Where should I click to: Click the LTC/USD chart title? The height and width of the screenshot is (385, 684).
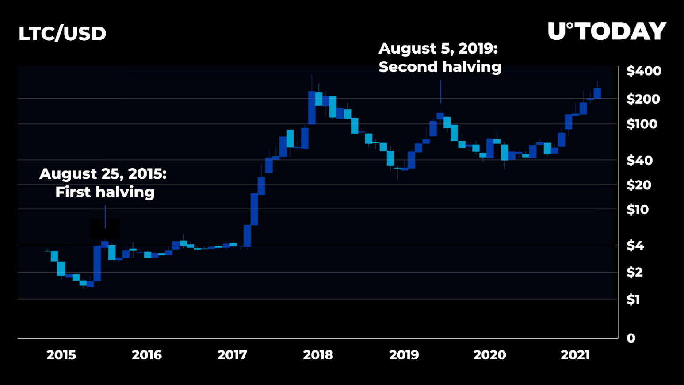pyautogui.click(x=62, y=34)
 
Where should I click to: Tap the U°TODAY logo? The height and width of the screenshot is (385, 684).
pyautogui.click(x=607, y=31)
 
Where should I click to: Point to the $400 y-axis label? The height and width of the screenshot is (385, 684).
pyautogui.click(x=644, y=71)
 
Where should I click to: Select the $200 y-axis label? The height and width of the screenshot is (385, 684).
pyautogui.click(x=643, y=99)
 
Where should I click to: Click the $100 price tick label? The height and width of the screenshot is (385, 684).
pyautogui.click(x=642, y=124)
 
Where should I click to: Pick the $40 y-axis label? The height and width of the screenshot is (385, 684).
pyautogui.click(x=639, y=160)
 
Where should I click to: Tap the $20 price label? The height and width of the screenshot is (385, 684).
pyautogui.click(x=638, y=185)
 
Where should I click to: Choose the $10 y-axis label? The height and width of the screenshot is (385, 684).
pyautogui.click(x=637, y=209)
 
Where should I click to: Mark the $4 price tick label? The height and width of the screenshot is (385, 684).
pyautogui.click(x=635, y=245)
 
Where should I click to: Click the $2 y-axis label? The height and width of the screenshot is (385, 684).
pyautogui.click(x=634, y=272)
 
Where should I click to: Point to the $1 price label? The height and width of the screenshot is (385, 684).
pyautogui.click(x=633, y=300)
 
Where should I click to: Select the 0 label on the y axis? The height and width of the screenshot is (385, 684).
pyautogui.click(x=631, y=339)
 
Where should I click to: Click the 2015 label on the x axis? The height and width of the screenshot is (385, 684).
pyautogui.click(x=61, y=355)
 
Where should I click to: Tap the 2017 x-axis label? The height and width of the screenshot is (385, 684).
pyautogui.click(x=232, y=355)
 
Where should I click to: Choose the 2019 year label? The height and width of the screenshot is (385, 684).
pyautogui.click(x=404, y=355)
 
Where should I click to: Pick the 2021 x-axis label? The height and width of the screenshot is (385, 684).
pyautogui.click(x=575, y=355)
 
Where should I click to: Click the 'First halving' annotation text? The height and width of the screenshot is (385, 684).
pyautogui.click(x=105, y=192)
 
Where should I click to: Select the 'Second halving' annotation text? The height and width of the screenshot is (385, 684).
pyautogui.click(x=440, y=67)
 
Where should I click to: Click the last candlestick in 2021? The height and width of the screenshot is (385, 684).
pyautogui.click(x=597, y=93)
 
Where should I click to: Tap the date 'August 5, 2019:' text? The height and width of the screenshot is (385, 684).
pyautogui.click(x=438, y=49)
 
